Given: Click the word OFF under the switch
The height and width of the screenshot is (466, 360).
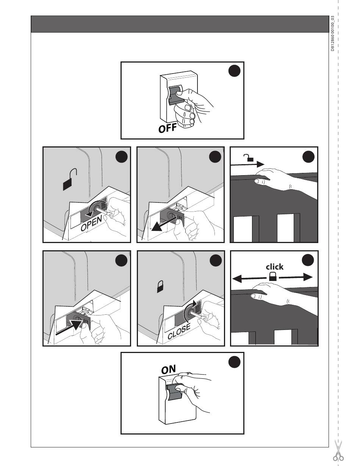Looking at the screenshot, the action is (167, 128).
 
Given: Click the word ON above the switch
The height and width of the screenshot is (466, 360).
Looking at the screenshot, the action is (168, 369).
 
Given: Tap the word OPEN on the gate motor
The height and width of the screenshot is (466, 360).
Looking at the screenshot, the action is (91, 224).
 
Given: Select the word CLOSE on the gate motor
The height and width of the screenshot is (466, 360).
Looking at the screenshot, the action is (179, 331).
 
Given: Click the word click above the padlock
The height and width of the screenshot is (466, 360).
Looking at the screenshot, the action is (274, 267).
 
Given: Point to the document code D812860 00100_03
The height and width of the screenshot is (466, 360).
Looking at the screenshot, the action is (332, 33).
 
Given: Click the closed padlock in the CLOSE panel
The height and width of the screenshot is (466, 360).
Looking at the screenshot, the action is (160, 287).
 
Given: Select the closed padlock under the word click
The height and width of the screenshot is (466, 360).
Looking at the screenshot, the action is (273, 276).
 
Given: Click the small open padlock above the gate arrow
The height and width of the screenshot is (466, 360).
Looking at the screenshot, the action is (249, 158).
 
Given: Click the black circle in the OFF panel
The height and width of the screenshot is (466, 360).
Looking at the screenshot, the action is (234, 71).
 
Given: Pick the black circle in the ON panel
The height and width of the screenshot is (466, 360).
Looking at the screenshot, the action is (234, 362).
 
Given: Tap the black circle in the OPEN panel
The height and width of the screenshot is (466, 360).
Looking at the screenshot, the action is (122, 157).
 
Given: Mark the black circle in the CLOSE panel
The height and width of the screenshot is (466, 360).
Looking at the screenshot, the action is (216, 260).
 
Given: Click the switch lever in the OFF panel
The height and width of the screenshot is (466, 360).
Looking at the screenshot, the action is (176, 96).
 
